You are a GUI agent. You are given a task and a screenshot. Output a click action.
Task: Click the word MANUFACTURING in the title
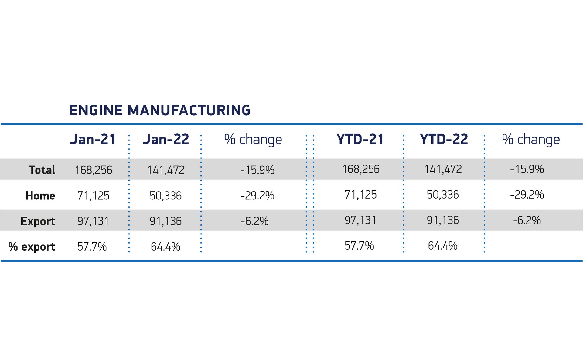(x=189, y=110)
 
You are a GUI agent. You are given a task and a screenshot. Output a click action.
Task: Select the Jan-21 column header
(x=93, y=140)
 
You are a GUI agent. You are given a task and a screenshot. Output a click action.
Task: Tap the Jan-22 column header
(x=166, y=140)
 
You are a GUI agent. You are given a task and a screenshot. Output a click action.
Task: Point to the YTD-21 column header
(x=360, y=140)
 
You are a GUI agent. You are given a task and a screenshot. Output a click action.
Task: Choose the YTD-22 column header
(x=444, y=140)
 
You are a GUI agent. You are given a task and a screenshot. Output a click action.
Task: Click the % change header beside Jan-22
(x=253, y=140)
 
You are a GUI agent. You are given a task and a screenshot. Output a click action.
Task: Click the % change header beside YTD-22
(x=531, y=140)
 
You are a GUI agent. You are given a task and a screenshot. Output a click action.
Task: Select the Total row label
(x=42, y=170)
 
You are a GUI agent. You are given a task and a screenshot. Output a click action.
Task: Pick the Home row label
(x=40, y=196)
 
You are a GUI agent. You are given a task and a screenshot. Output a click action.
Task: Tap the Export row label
(x=38, y=221)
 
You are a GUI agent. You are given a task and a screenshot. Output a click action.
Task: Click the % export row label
(x=32, y=247)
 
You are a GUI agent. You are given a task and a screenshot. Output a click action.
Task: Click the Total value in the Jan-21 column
(x=94, y=170)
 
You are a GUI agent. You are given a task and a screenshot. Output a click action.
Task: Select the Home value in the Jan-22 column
(x=165, y=196)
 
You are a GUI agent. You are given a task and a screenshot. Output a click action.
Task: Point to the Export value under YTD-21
(x=360, y=220)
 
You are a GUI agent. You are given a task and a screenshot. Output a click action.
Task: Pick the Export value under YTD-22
(x=443, y=220)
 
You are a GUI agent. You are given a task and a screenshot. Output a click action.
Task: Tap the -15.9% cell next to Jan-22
(x=257, y=170)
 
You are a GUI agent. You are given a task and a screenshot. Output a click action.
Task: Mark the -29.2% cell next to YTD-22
(x=527, y=195)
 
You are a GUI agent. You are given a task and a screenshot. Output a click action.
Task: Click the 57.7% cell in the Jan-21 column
(x=92, y=247)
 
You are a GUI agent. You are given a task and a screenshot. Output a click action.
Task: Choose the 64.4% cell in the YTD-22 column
(x=442, y=246)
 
